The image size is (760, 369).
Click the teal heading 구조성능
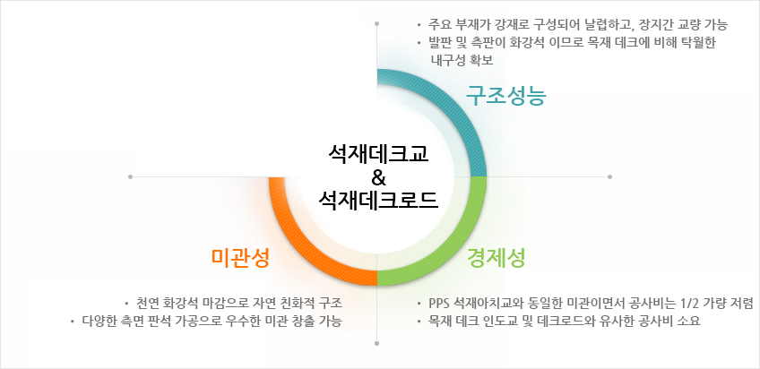point(505,96)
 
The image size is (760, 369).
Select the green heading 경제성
point(497,259)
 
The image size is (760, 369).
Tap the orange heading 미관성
point(240,259)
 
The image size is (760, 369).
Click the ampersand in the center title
point(378,177)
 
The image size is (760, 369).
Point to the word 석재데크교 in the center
point(378,155)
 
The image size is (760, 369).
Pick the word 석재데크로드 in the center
point(378,200)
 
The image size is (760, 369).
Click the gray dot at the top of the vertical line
point(377,23)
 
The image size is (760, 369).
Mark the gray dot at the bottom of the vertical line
point(377,343)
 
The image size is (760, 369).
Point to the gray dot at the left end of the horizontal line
point(130,176)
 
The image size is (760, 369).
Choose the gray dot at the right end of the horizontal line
point(609,176)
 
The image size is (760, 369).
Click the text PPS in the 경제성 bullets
point(438,304)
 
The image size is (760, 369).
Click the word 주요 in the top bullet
point(438,23)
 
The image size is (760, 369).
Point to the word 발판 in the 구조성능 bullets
point(438,42)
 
